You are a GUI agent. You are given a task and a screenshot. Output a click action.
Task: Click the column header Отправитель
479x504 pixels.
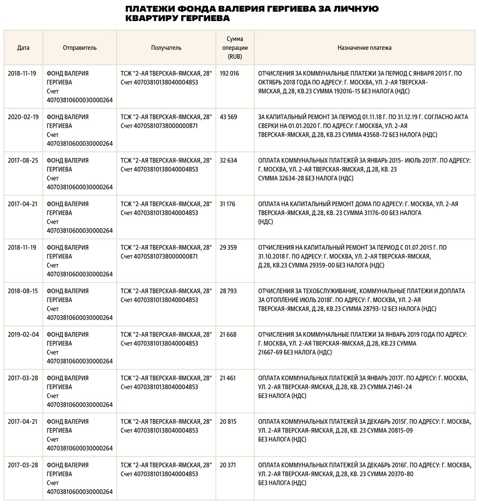80,48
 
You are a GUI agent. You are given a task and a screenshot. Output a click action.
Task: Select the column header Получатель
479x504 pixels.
166,48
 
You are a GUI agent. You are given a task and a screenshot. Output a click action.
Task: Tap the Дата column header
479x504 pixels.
23,48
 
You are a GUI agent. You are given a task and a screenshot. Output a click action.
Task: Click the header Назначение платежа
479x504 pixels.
365,48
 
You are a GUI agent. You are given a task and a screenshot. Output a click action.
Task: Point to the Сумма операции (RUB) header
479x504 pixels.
235,48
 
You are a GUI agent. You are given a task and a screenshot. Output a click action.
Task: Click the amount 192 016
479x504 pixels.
229,73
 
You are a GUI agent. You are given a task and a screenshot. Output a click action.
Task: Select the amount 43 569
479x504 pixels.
228,117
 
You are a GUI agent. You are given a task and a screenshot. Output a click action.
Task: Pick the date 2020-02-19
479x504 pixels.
23,117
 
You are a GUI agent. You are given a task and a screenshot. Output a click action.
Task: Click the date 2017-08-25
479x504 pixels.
23,160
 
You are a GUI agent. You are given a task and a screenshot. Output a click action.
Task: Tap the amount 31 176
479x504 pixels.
228,204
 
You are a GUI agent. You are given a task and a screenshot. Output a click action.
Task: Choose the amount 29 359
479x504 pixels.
228,248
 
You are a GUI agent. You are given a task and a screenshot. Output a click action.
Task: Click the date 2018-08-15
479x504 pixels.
23,291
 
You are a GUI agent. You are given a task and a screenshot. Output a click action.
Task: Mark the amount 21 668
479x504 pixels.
228,334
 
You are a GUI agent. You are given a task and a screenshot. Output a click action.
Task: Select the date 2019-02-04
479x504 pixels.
23,334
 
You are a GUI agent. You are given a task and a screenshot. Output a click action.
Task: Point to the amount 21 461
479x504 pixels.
228,378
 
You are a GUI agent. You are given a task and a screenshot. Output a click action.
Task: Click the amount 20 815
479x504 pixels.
228,422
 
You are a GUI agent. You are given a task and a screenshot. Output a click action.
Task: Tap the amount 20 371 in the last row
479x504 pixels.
228,465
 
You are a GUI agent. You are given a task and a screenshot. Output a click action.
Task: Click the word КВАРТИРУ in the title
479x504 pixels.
149,18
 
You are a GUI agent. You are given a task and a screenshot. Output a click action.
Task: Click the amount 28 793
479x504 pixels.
228,291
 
